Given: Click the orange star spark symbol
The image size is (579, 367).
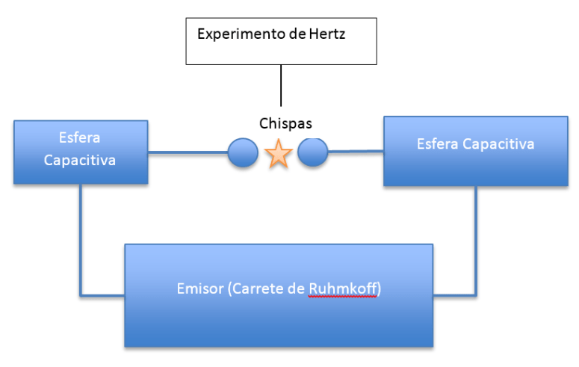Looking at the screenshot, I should pos(278,153).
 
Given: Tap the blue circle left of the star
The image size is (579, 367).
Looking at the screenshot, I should pos(243,152).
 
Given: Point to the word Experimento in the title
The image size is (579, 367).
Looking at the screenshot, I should pos(235,34).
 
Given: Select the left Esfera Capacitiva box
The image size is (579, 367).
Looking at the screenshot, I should pos(80,151).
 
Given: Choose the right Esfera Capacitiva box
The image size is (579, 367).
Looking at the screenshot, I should pos(475,150).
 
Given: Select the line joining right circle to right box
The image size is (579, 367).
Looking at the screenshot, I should pos(356,152).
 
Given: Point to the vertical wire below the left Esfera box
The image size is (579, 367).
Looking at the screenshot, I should pos(80,239).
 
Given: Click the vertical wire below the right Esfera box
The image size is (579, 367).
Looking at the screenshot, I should pos(475,239).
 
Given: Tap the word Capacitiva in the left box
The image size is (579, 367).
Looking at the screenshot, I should pos(80,160).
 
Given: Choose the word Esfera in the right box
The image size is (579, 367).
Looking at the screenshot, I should pos(436,144).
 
